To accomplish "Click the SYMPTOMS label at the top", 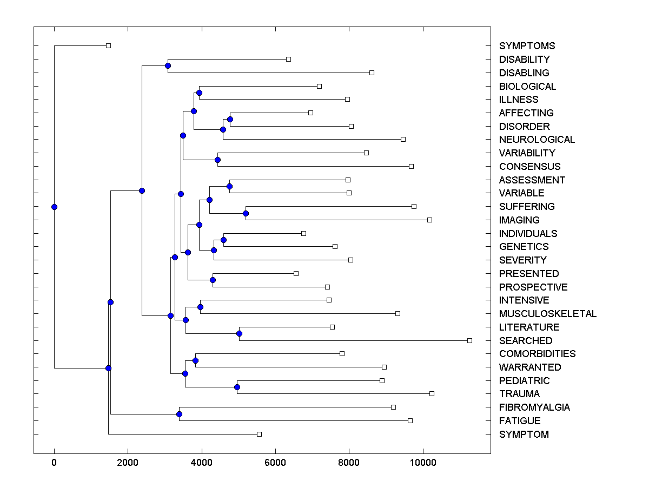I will tap(527, 46).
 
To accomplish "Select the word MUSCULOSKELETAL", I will tap(547, 314).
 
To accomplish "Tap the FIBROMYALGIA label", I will tap(534, 407).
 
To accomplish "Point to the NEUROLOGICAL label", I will tap(537, 140).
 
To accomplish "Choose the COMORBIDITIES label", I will tap(537, 354).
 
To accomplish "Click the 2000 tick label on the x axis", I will tap(128, 462).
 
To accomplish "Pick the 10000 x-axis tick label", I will tap(422, 462).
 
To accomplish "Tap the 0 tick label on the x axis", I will tap(54, 462).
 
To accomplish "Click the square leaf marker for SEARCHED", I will tap(469, 340).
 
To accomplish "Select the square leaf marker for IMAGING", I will tap(429, 220).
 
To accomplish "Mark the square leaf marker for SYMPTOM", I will tap(259, 434).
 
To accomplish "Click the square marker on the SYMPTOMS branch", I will tap(108, 45).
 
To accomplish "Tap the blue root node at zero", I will tap(54, 207).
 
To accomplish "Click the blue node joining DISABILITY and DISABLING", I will tap(168, 65).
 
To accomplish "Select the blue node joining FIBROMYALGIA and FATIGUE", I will tap(179, 414).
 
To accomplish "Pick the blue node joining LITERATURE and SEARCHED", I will tap(240, 333).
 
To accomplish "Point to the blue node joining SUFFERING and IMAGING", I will tap(246, 213).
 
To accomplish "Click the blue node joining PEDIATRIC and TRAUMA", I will tap(237, 387).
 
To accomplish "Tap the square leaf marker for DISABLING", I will tap(372, 73).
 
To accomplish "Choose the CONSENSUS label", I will tap(529, 167).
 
